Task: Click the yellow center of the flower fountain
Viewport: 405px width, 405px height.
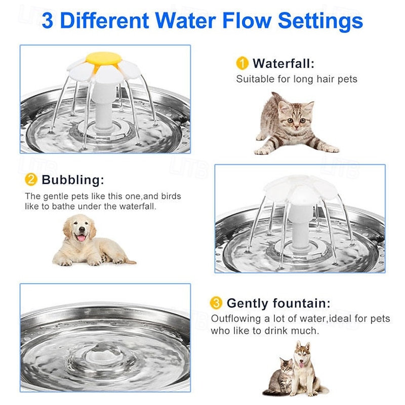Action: coord(104,59)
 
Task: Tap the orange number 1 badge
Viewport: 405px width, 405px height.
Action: coord(242,63)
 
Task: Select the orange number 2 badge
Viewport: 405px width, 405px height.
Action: coord(31,180)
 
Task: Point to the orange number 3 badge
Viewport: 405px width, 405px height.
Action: coord(216,303)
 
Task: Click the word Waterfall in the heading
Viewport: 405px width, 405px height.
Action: coord(283,63)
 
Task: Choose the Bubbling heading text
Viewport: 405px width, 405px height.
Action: coord(73,180)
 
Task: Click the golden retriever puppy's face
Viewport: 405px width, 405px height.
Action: coord(80,230)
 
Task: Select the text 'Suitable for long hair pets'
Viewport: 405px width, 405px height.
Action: coord(297,79)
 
